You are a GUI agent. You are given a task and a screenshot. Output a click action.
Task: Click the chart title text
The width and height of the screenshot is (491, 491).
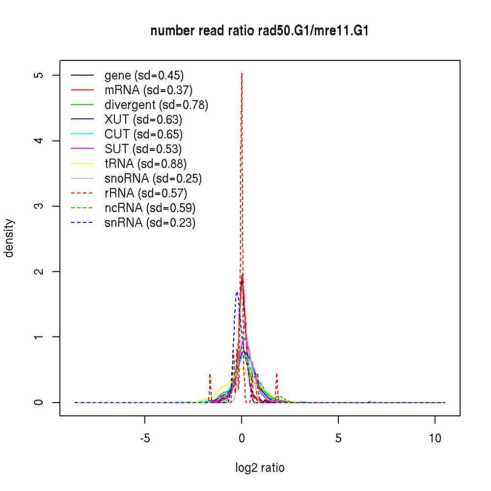(x=259, y=31)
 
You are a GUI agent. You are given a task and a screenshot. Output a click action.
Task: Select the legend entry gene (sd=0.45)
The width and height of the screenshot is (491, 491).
(x=144, y=76)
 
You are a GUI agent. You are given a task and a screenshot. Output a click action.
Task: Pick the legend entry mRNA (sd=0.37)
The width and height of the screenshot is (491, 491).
(x=148, y=90)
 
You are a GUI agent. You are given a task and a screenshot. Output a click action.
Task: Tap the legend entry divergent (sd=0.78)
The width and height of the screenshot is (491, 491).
(x=156, y=105)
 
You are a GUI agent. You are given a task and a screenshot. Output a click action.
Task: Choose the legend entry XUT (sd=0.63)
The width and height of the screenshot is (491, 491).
(x=143, y=120)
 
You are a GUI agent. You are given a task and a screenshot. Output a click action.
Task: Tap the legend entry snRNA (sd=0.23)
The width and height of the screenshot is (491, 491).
(x=150, y=223)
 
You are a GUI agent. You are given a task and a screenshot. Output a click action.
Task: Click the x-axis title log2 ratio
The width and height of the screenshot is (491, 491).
(x=260, y=468)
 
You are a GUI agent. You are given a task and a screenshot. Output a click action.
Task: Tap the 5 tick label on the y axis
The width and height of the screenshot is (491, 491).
(x=41, y=75)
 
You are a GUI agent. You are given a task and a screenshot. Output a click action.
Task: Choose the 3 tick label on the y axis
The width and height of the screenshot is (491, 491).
(x=41, y=206)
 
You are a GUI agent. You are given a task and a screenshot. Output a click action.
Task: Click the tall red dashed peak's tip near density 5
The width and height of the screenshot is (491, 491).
(x=242, y=74)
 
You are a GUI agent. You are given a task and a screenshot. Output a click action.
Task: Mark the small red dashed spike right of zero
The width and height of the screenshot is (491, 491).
(x=277, y=374)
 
